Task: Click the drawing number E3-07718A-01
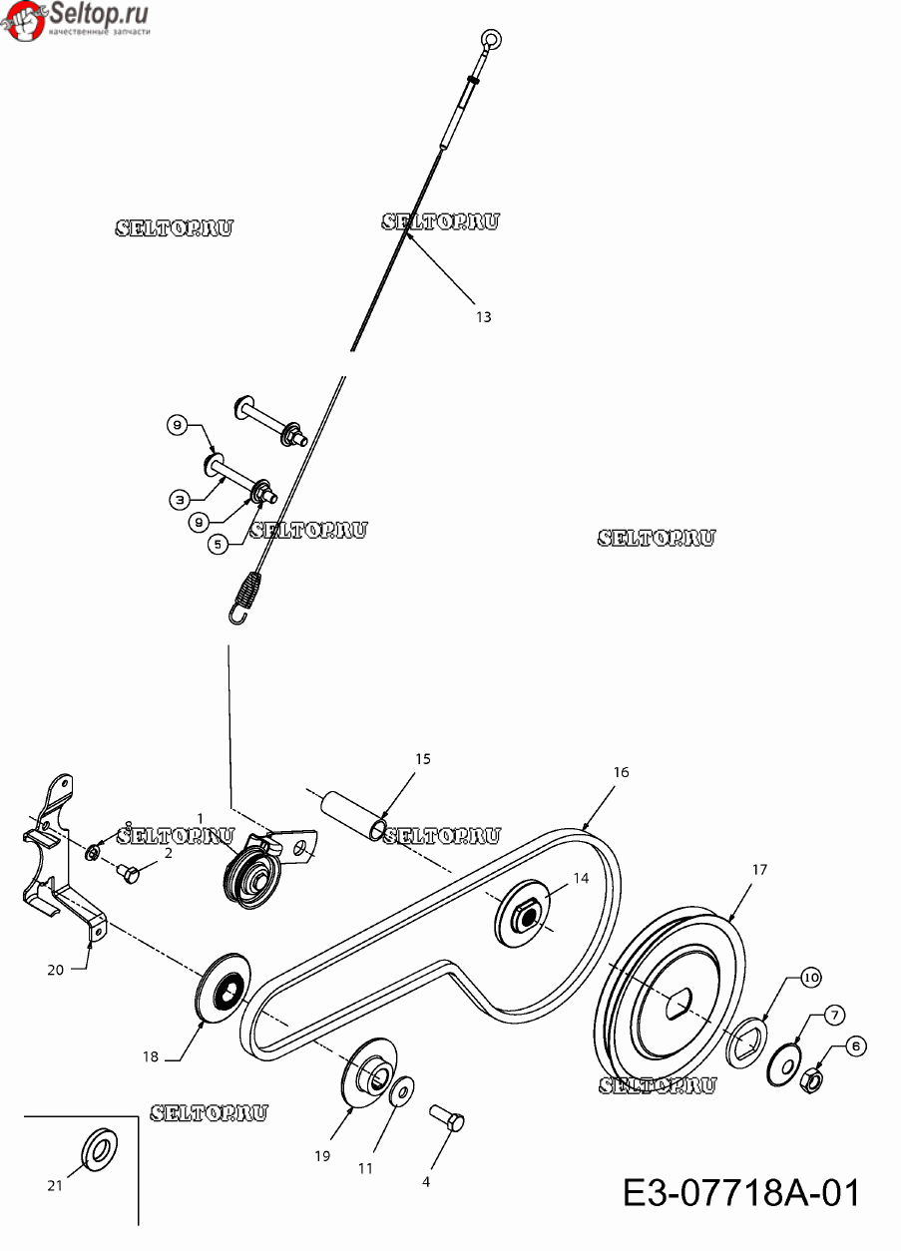(741, 1193)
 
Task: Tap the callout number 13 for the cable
(484, 317)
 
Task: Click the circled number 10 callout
(810, 978)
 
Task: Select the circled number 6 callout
(856, 1046)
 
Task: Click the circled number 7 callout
(834, 1015)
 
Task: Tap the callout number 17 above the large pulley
(759, 870)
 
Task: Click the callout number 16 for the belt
(621, 772)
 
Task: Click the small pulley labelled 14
(522, 913)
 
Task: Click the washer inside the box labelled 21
(99, 1149)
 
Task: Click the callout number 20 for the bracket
(55, 970)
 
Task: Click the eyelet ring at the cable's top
(492, 39)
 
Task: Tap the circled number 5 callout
(218, 544)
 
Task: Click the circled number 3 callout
(180, 499)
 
